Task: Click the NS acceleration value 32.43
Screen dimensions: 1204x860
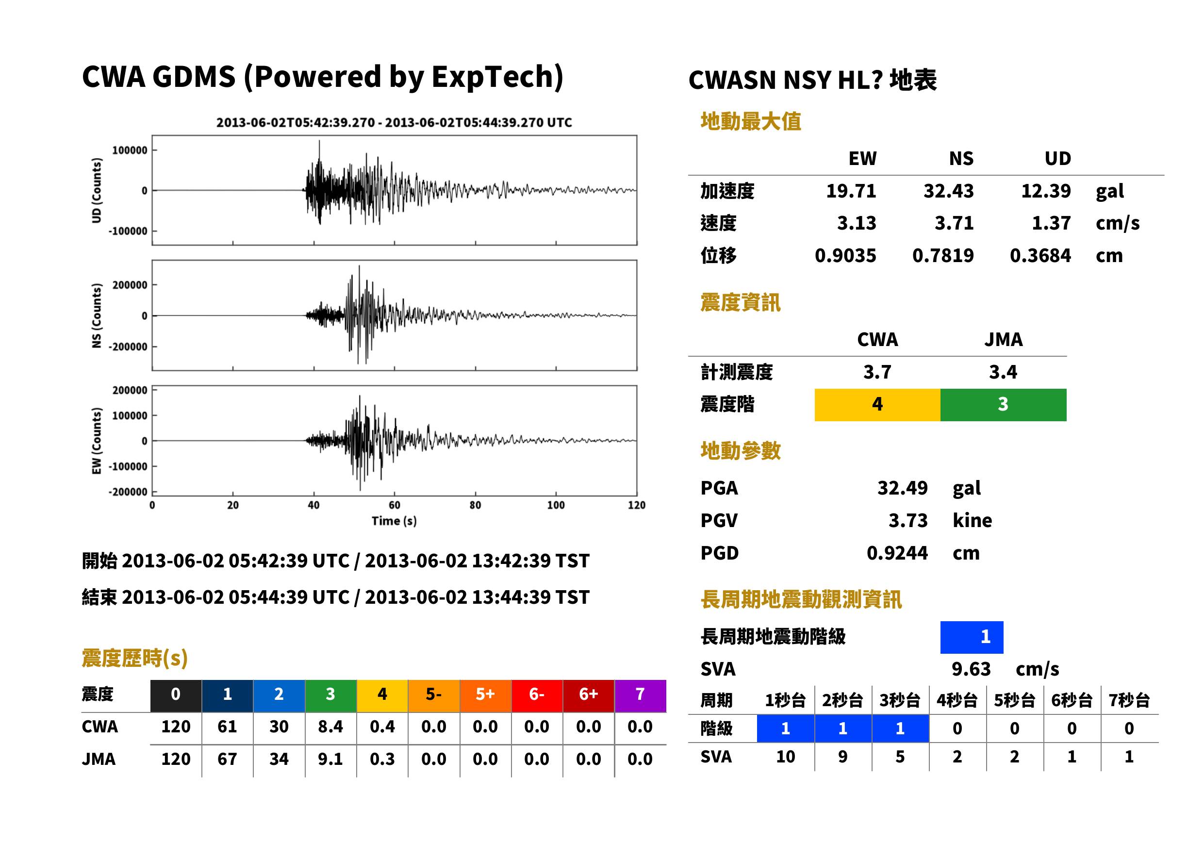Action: click(x=948, y=191)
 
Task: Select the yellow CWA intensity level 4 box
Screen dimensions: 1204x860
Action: click(x=877, y=405)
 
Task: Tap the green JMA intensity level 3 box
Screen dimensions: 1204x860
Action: click(x=1004, y=405)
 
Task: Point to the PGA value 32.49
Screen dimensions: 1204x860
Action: click(x=902, y=488)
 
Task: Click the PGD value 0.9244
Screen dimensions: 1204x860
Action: click(x=897, y=553)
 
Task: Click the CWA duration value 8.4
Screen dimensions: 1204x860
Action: click(x=330, y=727)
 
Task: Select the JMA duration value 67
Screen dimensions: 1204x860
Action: click(x=227, y=760)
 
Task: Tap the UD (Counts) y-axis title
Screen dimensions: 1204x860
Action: click(x=97, y=191)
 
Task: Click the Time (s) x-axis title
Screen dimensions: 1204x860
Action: click(x=394, y=521)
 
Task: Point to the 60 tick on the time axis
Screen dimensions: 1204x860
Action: click(x=395, y=505)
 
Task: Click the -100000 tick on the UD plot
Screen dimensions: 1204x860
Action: click(x=128, y=232)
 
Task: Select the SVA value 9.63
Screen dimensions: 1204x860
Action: click(x=971, y=669)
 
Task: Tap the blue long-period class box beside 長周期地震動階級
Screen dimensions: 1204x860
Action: click(x=972, y=637)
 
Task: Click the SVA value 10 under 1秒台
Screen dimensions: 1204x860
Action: click(x=786, y=757)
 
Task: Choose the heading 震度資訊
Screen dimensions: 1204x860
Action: click(x=740, y=303)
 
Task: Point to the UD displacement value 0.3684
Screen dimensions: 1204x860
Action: click(x=1040, y=256)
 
